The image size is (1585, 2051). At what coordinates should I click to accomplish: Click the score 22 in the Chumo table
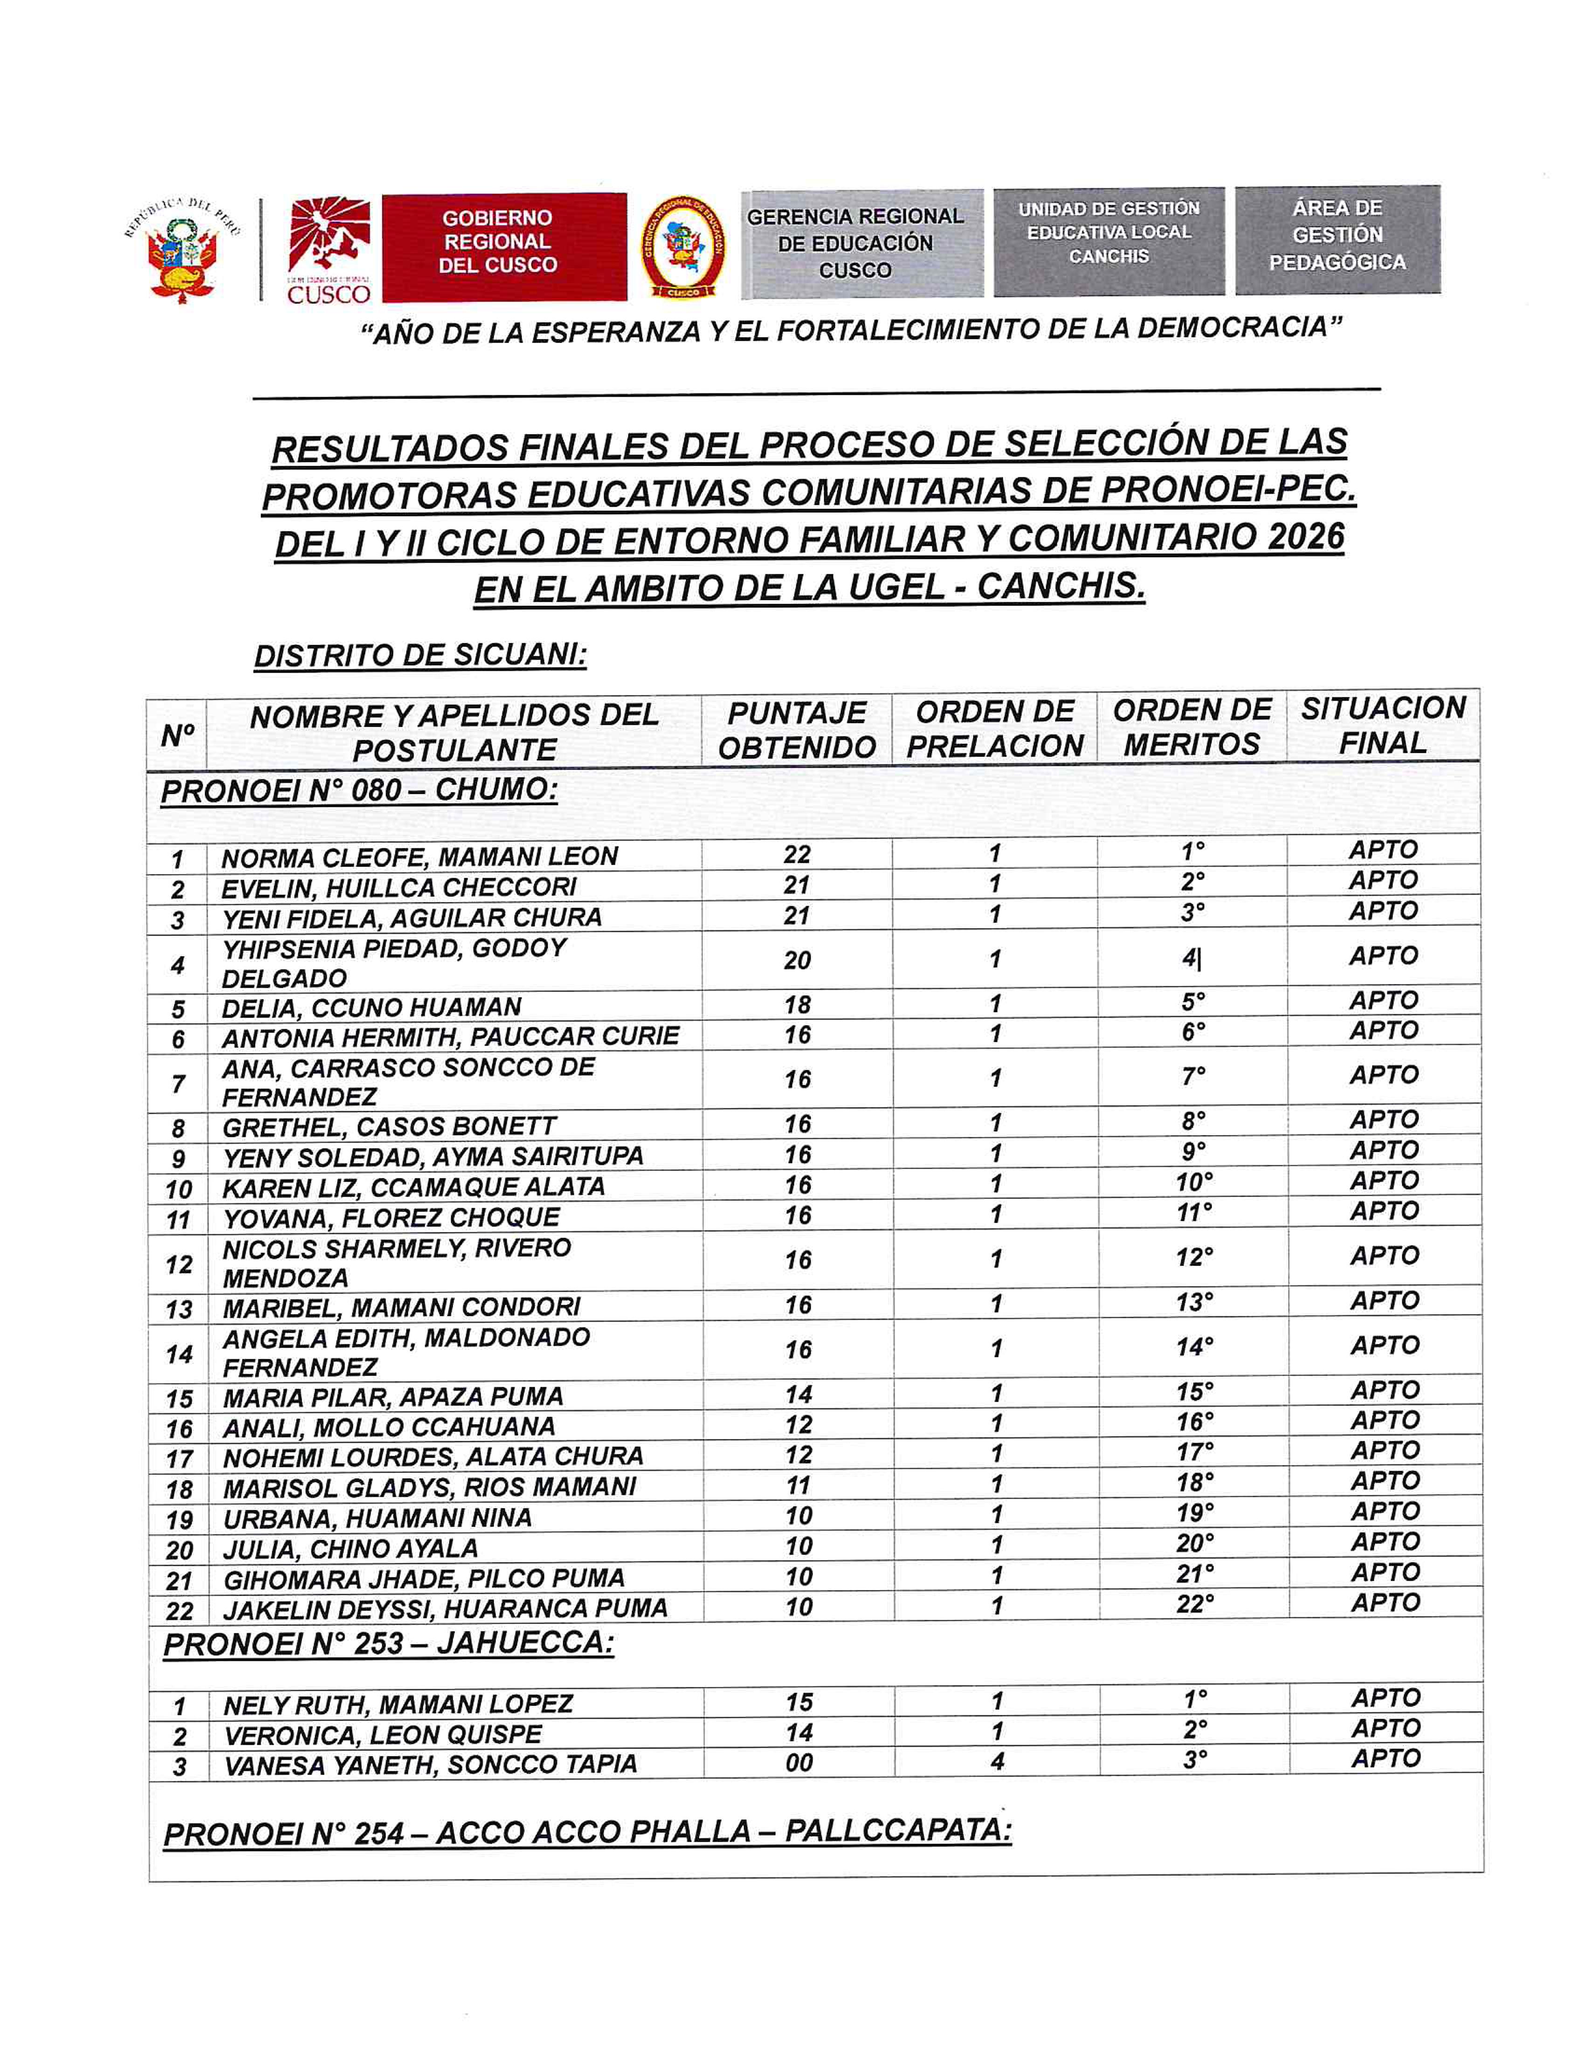coord(796,853)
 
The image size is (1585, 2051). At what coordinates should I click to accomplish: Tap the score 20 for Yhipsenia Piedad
coord(797,960)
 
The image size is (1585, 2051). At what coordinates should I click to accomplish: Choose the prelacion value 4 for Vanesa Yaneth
coord(997,1762)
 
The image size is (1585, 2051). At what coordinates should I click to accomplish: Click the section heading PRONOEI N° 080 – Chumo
coord(358,790)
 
